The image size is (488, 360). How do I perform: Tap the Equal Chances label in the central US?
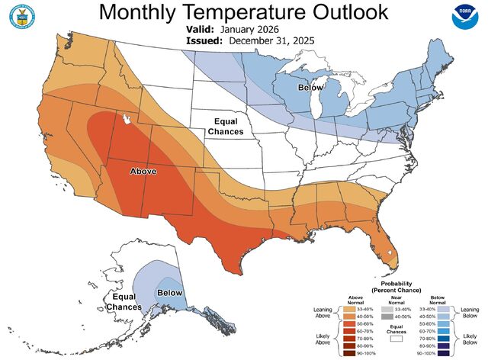(228, 126)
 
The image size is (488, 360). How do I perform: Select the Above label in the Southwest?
(143, 172)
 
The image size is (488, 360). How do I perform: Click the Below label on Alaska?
(170, 293)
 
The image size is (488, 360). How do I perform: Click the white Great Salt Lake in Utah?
(125, 120)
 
